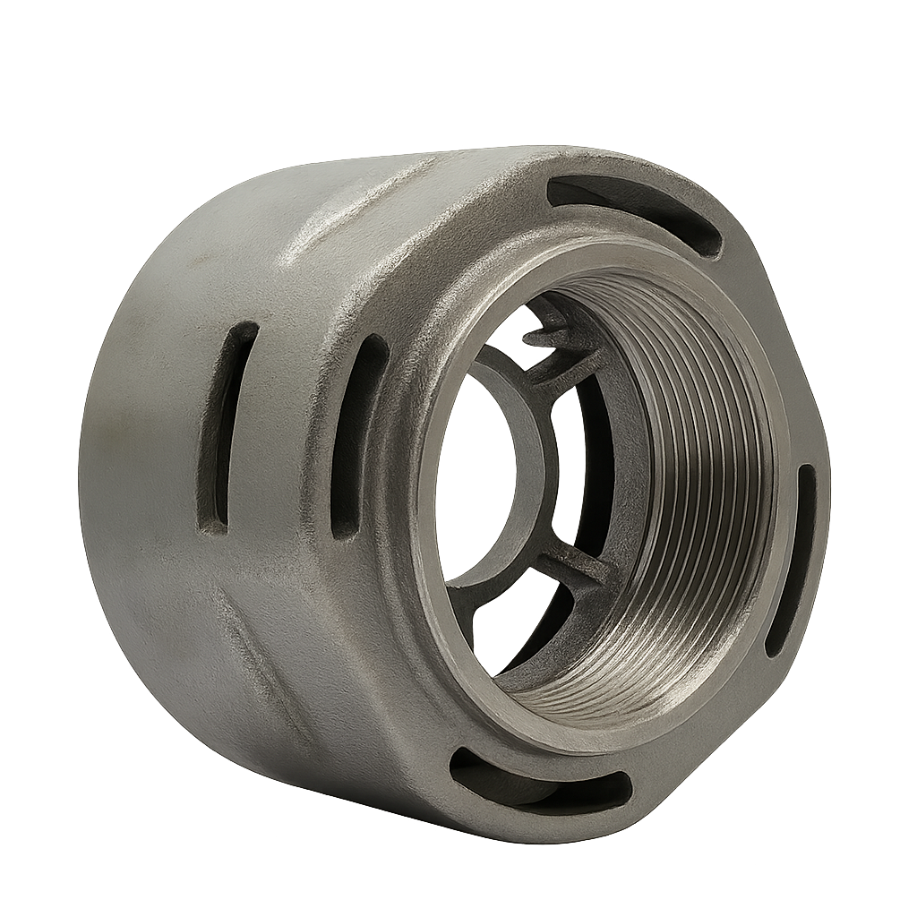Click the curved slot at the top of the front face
(636, 212)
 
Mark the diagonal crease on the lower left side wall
(260, 663)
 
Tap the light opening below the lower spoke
(519, 627)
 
